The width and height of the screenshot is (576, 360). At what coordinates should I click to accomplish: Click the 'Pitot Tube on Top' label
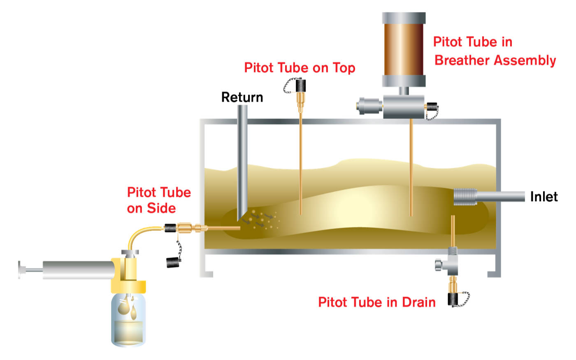point(300,67)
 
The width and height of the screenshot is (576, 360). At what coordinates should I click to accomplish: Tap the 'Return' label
point(242,97)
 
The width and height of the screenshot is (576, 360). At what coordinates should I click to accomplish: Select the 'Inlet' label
point(543,197)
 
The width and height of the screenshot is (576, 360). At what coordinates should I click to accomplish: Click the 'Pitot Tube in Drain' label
point(376,302)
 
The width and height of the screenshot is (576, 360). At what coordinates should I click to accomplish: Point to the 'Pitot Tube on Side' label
point(159,200)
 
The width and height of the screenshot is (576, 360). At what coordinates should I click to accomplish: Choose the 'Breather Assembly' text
point(495,60)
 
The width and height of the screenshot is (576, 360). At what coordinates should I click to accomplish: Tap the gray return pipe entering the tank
point(243,156)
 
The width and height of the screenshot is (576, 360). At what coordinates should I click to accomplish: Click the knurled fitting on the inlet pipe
point(465,197)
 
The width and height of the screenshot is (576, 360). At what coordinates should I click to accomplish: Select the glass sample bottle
point(128,319)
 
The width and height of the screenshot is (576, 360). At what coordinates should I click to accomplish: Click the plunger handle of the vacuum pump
point(21,269)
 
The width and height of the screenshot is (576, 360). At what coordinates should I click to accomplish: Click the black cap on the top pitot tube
point(301,86)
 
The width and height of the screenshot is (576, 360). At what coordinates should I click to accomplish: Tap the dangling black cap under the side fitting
point(172,262)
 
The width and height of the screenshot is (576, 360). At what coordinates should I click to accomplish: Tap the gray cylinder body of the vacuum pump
point(78,269)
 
